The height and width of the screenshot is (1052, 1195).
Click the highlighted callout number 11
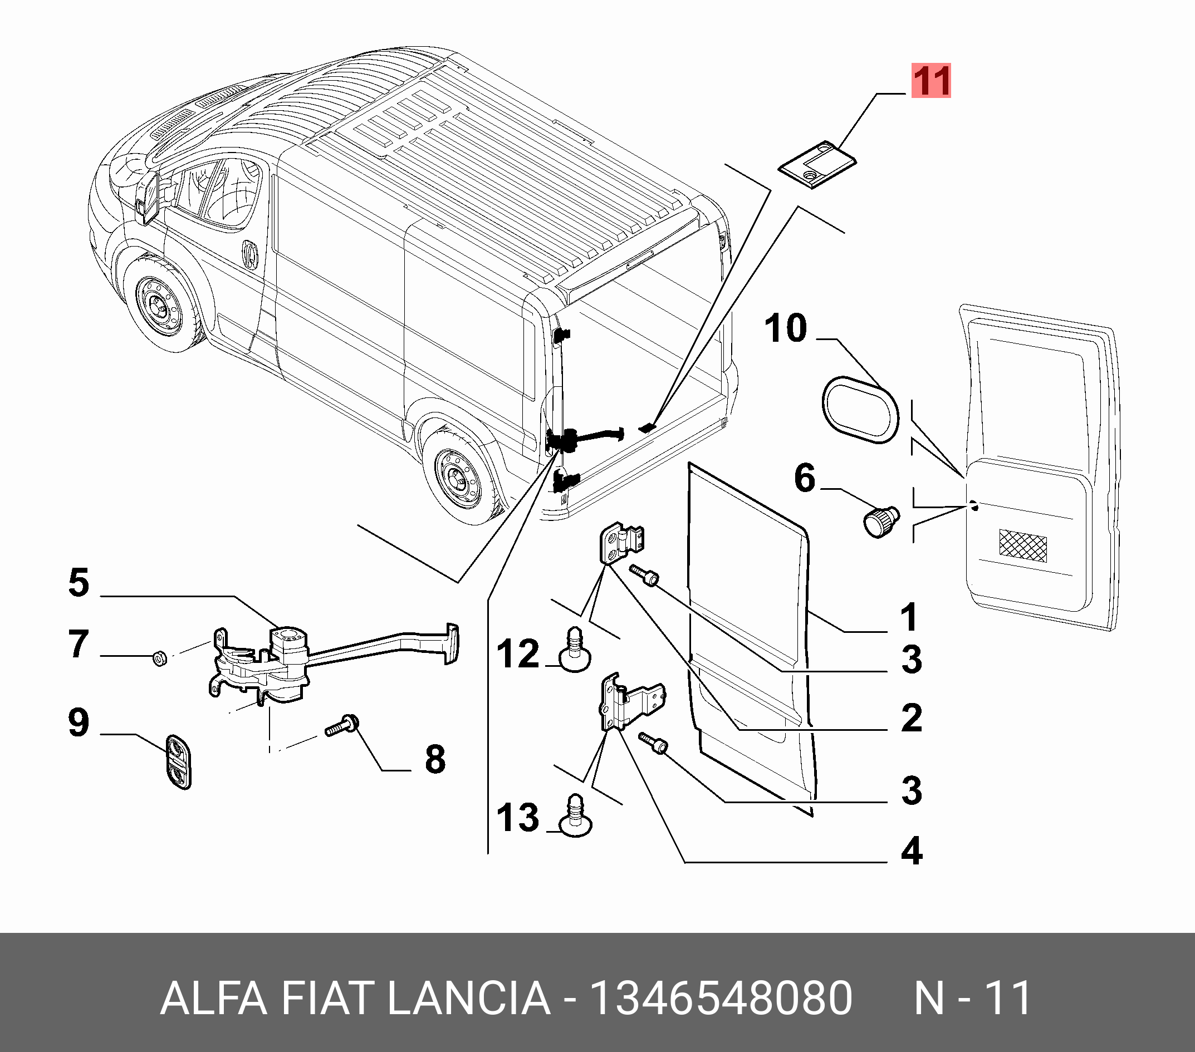pos(931,81)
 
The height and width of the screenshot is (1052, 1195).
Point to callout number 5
pos(79,583)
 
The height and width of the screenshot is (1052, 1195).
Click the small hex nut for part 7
pos(159,658)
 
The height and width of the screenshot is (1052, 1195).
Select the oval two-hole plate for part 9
pos(179,761)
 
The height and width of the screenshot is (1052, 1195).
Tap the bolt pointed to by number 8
pos(342,726)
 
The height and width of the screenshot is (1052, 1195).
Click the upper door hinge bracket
pos(621,543)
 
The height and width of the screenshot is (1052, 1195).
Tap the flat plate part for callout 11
pos(817,164)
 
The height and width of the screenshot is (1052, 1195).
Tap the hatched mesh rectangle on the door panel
pos(1023,545)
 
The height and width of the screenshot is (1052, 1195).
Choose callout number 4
pos(912,851)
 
